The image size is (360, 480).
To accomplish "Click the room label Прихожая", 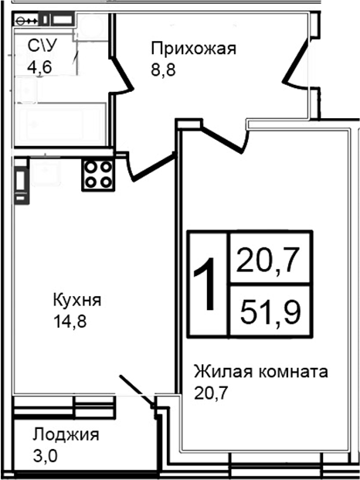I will click(192, 50).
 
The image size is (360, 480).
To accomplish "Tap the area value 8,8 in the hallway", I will click(163, 68).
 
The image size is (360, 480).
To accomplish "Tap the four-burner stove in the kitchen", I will click(99, 174).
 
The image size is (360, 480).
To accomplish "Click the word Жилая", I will click(221, 372).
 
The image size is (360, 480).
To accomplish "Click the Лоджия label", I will click(65, 434).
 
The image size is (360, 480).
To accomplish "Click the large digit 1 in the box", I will click(205, 284).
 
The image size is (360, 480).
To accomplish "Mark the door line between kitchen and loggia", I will click(136, 390).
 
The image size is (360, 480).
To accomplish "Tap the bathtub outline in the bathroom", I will click(61, 124).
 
